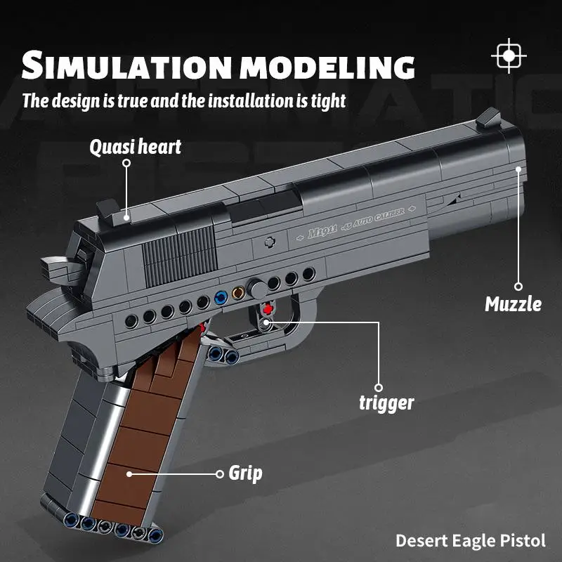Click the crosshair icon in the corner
coord(509,56)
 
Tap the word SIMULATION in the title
coord(126,65)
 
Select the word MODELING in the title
coord(327,67)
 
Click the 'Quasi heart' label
coord(135,147)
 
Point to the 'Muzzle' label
coord(513,304)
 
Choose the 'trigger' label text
coord(386,403)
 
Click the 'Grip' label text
coord(245,473)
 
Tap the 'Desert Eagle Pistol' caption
coord(471,541)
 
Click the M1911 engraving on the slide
coord(322,233)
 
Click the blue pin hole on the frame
coord(221,297)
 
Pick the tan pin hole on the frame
coord(238,293)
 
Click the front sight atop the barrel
coord(488,118)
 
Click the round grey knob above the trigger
coord(257,289)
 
